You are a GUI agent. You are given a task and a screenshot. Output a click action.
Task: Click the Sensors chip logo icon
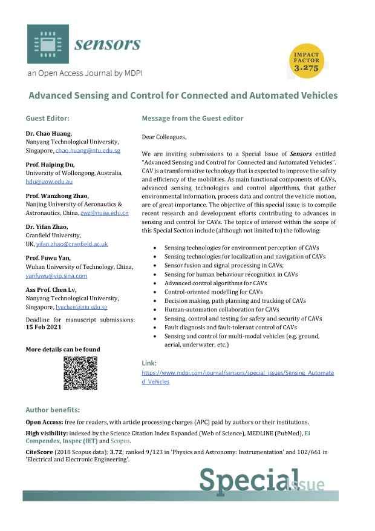click(47, 44)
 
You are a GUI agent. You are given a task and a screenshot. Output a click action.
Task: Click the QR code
click(80, 373)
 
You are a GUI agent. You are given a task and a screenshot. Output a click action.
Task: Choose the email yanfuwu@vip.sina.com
click(56, 275)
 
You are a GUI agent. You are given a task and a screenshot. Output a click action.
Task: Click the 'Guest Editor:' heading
click(47, 118)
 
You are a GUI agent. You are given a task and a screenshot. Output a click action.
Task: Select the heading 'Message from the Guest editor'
click(192, 118)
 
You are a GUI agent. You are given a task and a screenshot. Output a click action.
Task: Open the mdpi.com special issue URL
click(237, 377)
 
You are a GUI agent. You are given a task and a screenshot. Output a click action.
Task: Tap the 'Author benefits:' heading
click(53, 410)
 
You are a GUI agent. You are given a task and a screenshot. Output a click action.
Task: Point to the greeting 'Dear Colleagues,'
click(165, 137)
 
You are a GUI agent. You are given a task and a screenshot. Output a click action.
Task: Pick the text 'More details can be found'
click(63, 349)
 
